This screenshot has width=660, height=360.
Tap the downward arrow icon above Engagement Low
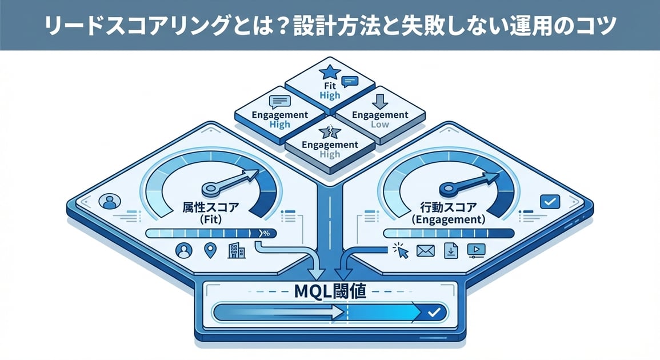tap(380, 101)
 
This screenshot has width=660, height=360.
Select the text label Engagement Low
tap(380, 119)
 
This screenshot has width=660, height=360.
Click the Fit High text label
tap(330, 90)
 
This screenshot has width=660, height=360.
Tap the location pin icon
tap(210, 250)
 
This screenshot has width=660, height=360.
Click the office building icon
tap(236, 250)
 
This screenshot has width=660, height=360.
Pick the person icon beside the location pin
tap(184, 250)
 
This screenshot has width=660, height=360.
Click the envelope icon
tap(426, 250)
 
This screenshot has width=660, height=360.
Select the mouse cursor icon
tap(401, 250)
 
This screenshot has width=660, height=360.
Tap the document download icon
tap(451, 250)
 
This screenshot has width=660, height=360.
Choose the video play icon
tap(476, 250)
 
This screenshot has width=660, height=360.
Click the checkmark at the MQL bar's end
tap(434, 312)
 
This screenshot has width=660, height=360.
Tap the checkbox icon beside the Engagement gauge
tap(550, 201)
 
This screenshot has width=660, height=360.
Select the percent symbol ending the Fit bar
tap(266, 233)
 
